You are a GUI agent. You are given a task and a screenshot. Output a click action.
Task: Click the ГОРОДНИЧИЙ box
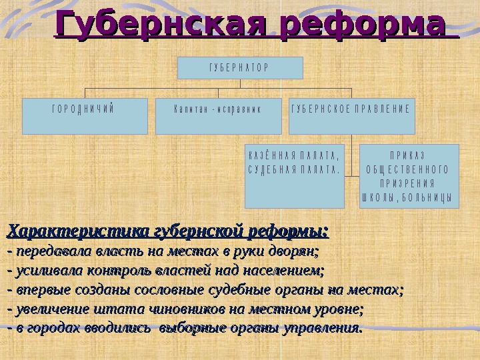point(85,116)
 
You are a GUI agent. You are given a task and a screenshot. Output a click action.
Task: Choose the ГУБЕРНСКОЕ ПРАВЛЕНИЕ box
point(351,116)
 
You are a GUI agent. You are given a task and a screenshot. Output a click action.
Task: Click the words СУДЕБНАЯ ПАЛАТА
point(294,169)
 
